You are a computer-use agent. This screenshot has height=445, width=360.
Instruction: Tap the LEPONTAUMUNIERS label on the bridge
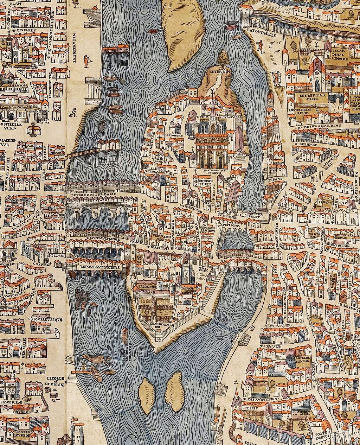coord(100,267)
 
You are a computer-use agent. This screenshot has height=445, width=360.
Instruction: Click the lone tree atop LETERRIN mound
coord(223,58)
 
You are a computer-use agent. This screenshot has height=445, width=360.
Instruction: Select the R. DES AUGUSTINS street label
coord(258,399)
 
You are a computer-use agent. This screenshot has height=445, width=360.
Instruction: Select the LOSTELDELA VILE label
coord(12,126)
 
